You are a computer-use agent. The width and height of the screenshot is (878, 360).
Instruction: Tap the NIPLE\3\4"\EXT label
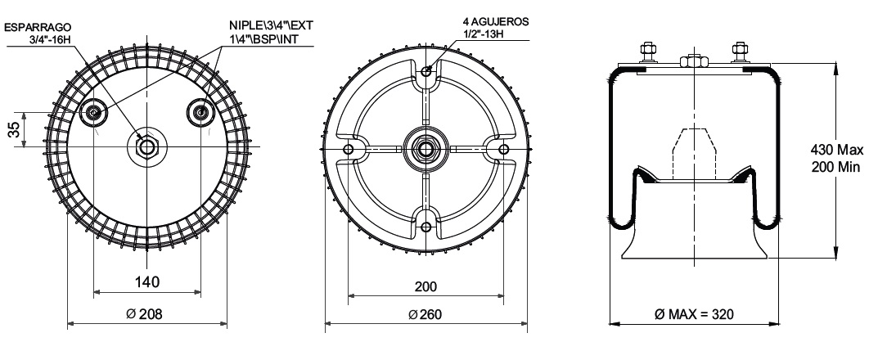tap(271, 25)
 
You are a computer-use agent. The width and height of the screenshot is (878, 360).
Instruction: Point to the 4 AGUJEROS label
tap(496, 22)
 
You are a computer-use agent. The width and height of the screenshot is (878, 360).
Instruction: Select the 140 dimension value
tap(146, 281)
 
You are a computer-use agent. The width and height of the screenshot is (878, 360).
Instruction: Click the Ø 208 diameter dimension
tap(144, 314)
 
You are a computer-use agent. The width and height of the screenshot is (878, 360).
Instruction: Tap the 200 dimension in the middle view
tap(426, 286)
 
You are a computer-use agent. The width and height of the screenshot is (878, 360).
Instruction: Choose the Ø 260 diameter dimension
tap(425, 314)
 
